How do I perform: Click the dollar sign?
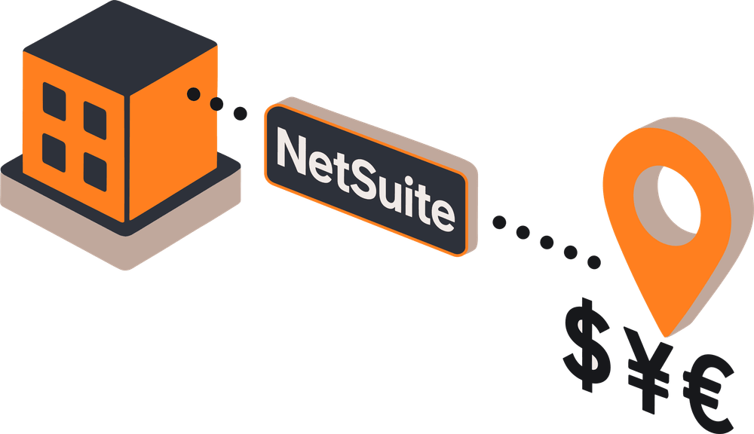[x=587, y=343]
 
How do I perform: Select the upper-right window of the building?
[x=95, y=118]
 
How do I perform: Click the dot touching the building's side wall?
[x=194, y=94]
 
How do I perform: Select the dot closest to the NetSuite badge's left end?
[x=241, y=114]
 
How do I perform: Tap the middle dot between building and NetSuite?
[x=217, y=104]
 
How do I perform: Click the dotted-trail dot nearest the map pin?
[x=594, y=262]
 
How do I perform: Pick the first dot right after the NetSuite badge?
[x=499, y=222]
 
